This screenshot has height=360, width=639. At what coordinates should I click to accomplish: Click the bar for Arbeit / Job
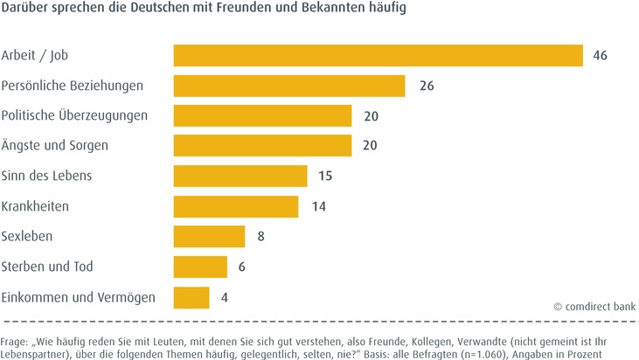[378, 55]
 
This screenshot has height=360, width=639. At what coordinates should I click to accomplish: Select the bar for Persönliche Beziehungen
[289, 86]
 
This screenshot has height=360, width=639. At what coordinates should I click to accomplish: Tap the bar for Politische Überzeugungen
[262, 115]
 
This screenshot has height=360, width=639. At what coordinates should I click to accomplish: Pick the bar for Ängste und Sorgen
[262, 146]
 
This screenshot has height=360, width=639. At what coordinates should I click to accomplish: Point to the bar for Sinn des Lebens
[240, 176]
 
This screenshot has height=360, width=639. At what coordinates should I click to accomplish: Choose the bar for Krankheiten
[236, 206]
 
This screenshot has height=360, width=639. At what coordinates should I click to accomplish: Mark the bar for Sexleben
[209, 237]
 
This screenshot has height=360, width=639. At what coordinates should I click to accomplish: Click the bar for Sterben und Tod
[200, 267]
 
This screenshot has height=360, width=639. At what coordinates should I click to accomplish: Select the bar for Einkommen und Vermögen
[191, 297]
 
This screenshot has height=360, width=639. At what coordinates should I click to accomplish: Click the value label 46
[600, 55]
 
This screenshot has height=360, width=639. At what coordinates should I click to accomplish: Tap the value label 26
[427, 86]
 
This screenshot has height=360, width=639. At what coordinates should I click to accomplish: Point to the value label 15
[325, 176]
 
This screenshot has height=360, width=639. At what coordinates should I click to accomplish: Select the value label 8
[260, 237]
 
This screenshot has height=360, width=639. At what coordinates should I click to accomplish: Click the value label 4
[225, 297]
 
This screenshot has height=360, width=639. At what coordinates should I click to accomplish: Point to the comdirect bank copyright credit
[594, 307]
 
